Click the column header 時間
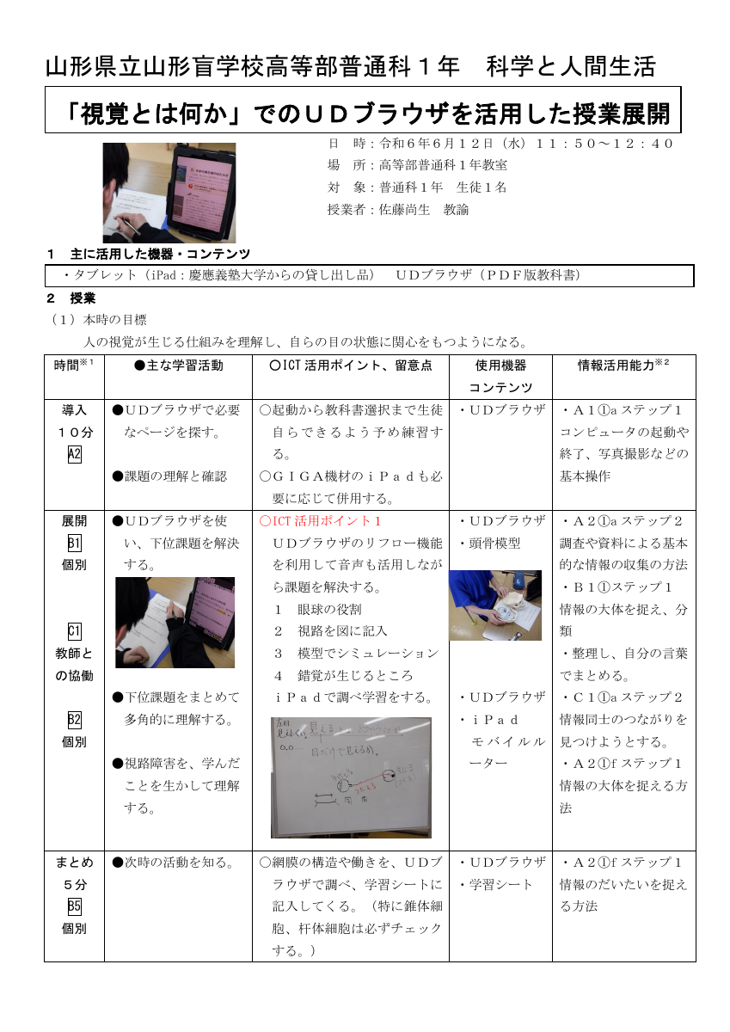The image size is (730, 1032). point(69,365)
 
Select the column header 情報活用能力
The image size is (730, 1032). point(618,365)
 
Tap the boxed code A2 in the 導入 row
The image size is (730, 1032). point(74,455)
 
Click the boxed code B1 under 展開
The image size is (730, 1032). point(74,543)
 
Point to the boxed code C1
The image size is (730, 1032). point(74,631)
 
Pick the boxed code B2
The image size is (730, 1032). point(74,720)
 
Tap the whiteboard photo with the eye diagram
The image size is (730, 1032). point(351,777)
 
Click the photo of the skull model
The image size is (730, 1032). point(495,605)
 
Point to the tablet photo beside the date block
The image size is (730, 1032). point(169,193)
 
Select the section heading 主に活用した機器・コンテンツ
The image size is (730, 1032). point(160,254)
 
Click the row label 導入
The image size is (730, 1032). point(74,410)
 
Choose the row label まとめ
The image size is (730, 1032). point(74,862)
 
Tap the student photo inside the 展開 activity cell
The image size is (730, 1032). point(175,622)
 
